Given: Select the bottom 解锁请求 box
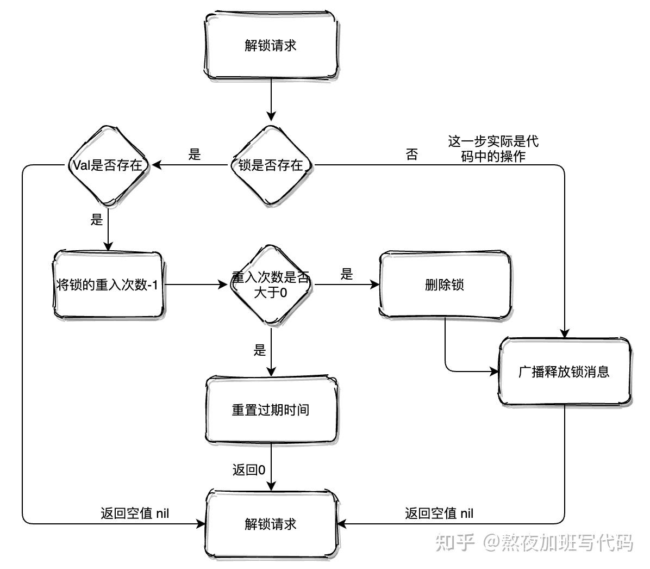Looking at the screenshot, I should coord(270,524).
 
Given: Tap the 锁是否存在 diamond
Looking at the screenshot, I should coord(270,165).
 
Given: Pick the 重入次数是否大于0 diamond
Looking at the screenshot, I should coord(270,284).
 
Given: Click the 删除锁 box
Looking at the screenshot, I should coord(444,284).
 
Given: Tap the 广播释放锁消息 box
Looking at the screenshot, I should coord(564,372).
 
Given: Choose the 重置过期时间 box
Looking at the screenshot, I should coord(270,410).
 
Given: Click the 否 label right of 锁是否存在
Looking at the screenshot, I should coord(412,154).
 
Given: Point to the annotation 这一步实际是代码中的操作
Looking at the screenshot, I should coord(493,149).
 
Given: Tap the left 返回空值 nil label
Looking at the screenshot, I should coord(135,513).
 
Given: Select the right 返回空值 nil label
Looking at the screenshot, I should coord(439,513).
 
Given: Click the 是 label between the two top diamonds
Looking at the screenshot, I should coord(195,154).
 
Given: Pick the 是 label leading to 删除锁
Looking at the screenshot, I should coord(347,275).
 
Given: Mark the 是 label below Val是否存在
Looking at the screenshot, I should coord(97,220).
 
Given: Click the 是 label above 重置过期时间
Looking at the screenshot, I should coord(260,350).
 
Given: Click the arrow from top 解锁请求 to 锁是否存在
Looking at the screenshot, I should coord(270,101).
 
